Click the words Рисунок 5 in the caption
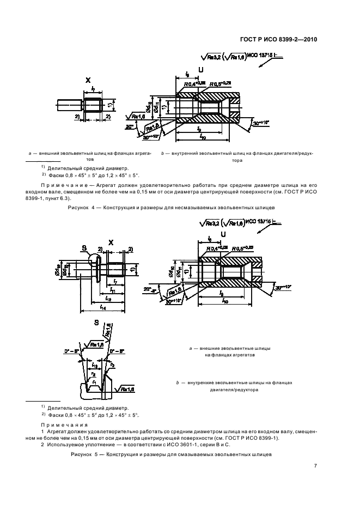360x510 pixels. click(84, 454)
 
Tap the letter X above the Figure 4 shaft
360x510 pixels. click(87, 80)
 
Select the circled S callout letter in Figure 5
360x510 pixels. click(85, 248)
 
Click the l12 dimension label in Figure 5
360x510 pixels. click(102, 299)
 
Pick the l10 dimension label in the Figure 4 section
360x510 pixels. click(203, 138)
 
